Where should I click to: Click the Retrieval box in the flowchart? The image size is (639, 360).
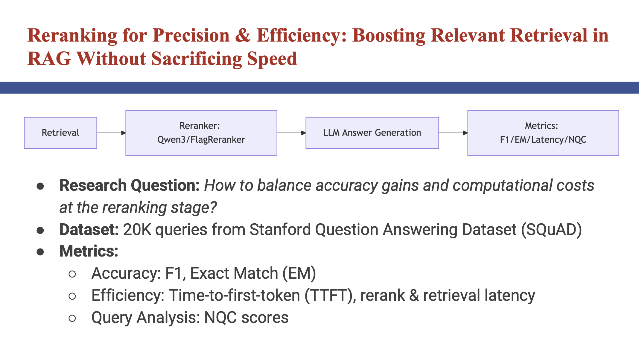click(x=60, y=133)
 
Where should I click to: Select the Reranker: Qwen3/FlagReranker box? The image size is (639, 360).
click(x=201, y=133)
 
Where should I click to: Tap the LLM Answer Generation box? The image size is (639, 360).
click(x=372, y=133)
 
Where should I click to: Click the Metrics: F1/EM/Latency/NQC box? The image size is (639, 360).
click(x=543, y=133)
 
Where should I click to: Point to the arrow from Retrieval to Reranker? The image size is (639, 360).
click(x=111, y=133)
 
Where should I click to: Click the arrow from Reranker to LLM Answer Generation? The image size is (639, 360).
click(x=291, y=133)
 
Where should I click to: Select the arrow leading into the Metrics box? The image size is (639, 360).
click(x=453, y=133)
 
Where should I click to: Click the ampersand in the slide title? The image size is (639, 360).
click(x=243, y=36)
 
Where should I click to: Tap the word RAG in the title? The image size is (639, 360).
click(x=49, y=59)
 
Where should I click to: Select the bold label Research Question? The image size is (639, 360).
click(x=130, y=185)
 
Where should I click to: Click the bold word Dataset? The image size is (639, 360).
click(x=89, y=230)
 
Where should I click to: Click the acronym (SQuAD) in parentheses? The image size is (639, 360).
click(x=551, y=230)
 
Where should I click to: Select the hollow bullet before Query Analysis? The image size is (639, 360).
click(x=72, y=318)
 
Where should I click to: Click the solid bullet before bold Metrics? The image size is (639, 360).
click(x=40, y=252)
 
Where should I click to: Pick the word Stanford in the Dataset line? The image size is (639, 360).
click(x=280, y=230)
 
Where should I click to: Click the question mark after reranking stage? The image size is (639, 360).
click(x=213, y=208)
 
